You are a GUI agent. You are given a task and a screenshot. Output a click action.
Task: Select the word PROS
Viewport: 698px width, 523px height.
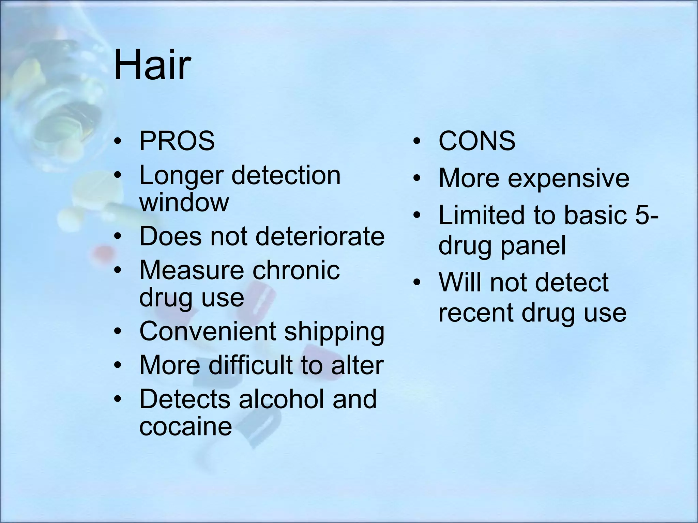(177, 141)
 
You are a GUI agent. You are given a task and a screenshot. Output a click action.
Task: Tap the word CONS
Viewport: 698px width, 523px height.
(476, 141)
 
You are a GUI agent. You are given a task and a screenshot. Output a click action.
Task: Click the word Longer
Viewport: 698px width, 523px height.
(181, 176)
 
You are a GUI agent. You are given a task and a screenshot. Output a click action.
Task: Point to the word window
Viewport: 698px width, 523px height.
(184, 203)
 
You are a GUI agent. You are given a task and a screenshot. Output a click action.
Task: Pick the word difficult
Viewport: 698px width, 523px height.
(251, 365)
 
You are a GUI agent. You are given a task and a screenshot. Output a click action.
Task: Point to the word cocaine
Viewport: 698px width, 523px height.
(185, 426)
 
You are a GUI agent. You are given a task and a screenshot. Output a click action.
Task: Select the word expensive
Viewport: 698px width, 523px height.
(568, 178)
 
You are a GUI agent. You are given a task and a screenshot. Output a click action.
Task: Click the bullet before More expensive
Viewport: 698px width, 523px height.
(416, 178)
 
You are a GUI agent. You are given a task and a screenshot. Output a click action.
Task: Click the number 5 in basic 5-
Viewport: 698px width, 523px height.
(642, 215)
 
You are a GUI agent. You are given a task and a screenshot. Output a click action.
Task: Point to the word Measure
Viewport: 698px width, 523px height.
(191, 270)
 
